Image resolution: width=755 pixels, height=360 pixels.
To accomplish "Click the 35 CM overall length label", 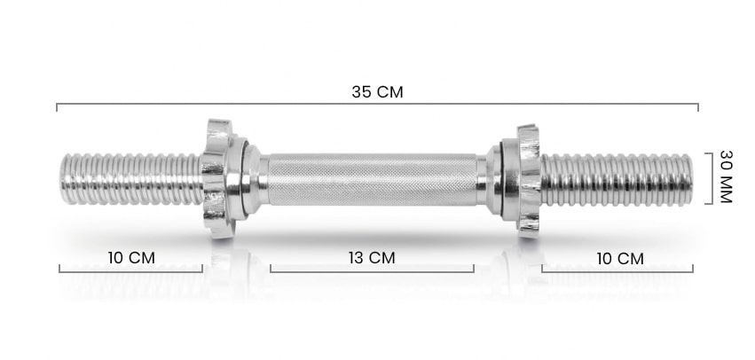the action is click(x=377, y=92).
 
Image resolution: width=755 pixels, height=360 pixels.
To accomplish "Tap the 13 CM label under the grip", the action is click(x=372, y=258).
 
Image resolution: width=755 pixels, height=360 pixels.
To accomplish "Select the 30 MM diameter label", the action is click(x=726, y=176).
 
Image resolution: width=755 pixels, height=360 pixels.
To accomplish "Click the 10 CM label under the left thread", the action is click(x=131, y=258).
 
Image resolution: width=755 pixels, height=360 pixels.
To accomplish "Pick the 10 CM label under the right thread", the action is click(x=620, y=259).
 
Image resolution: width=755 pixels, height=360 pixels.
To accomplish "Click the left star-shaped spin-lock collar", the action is click(x=217, y=178).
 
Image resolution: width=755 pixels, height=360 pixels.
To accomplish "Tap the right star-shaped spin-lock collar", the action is click(x=528, y=181).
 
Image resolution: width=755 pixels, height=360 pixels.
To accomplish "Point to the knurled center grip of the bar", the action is click(x=372, y=179).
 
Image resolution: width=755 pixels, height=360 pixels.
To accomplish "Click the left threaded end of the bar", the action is click(x=131, y=179).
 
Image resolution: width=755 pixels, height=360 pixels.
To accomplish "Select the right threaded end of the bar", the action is click(x=617, y=180).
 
